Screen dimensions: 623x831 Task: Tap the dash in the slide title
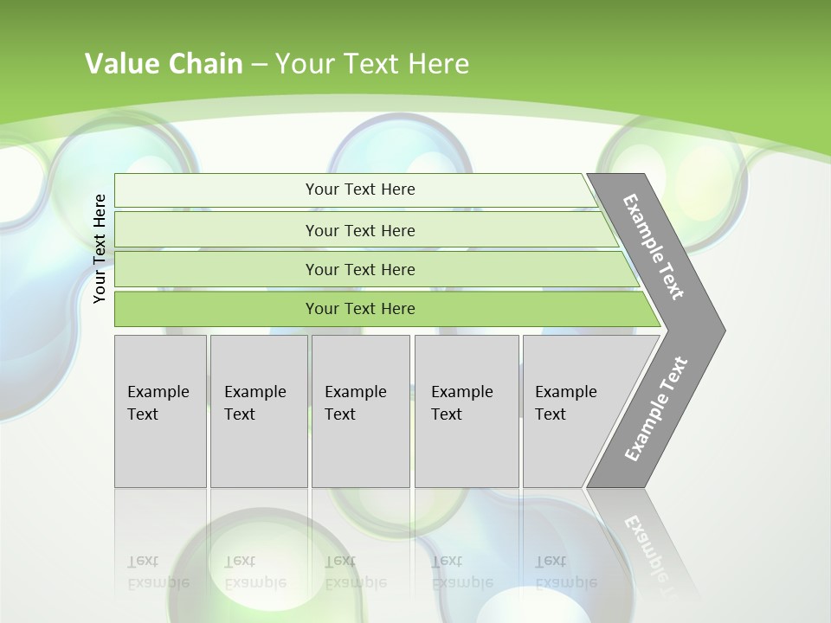[x=259, y=65]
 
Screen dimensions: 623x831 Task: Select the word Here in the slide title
[x=438, y=64]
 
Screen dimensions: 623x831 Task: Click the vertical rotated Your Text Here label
[x=100, y=248]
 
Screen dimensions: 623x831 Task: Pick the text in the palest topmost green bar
[x=360, y=189]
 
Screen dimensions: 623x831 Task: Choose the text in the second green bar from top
[x=360, y=230]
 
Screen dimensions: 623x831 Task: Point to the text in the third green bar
[x=360, y=269]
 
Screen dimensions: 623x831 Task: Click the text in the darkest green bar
[x=360, y=309]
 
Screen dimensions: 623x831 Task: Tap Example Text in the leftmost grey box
[x=158, y=403]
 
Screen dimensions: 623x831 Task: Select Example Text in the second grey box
[x=254, y=403]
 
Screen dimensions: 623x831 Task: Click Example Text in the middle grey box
[x=355, y=403]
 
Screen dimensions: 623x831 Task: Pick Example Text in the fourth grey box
[x=461, y=403]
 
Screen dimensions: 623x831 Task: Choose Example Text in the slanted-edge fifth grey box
[x=565, y=403]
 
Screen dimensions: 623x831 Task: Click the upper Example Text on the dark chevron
[x=654, y=247]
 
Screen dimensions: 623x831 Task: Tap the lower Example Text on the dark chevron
[x=655, y=408]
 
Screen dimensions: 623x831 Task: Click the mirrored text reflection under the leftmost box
[x=158, y=572]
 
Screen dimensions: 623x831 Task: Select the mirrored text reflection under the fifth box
[x=565, y=572]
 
